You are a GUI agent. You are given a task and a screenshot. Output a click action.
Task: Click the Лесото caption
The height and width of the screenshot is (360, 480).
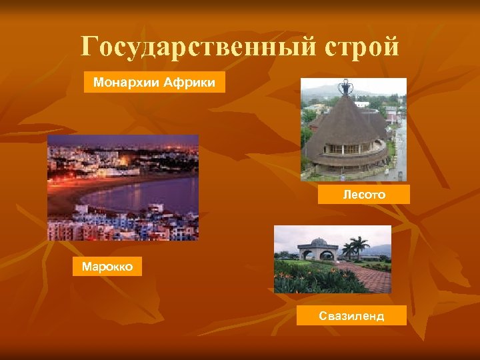pos(363,195)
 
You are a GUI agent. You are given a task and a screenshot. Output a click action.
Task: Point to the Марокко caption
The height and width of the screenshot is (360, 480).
pos(107,267)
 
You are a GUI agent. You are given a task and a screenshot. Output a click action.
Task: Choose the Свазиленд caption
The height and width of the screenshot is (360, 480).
pos(351,315)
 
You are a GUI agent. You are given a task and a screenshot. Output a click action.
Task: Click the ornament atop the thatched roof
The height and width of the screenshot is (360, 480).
pos(345,87)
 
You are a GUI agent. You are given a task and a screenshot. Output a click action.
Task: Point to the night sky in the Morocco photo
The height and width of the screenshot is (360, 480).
pos(120,141)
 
